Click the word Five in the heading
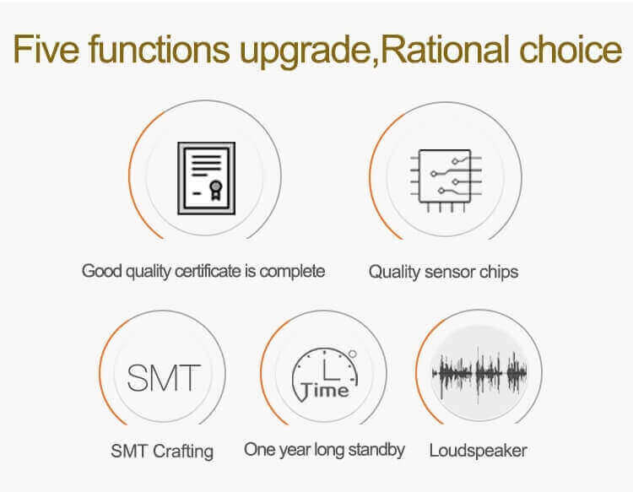pyautogui.click(x=46, y=48)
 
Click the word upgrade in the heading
pyautogui.click(x=306, y=52)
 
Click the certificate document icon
pyautogui.click(x=206, y=178)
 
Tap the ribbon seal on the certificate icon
pyautogui.click(x=216, y=190)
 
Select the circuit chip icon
pyautogui.click(x=446, y=180)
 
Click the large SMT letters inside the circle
pyautogui.click(x=164, y=378)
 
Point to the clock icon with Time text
pyautogui.click(x=325, y=375)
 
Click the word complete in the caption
pyautogui.click(x=292, y=272)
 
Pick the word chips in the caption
pyautogui.click(x=499, y=273)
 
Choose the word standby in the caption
pyautogui.click(x=376, y=450)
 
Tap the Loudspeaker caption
pyautogui.click(x=478, y=451)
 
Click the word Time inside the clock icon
pyautogui.click(x=325, y=390)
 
